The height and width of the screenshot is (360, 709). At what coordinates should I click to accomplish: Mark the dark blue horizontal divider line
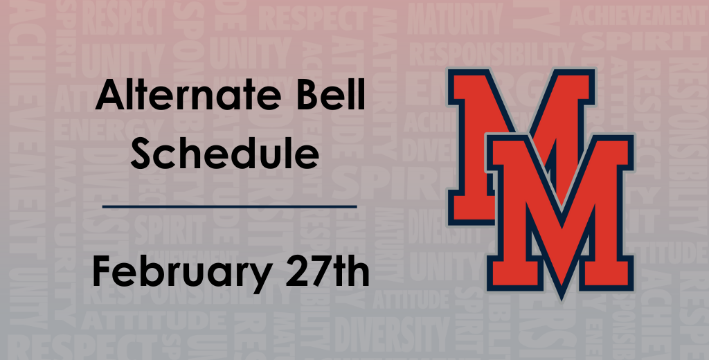[229, 206]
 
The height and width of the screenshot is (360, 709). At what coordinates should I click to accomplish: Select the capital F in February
[101, 271]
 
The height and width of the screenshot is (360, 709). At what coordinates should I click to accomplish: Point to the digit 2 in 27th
[284, 271]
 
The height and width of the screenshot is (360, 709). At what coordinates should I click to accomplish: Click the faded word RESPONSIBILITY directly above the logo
[492, 52]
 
